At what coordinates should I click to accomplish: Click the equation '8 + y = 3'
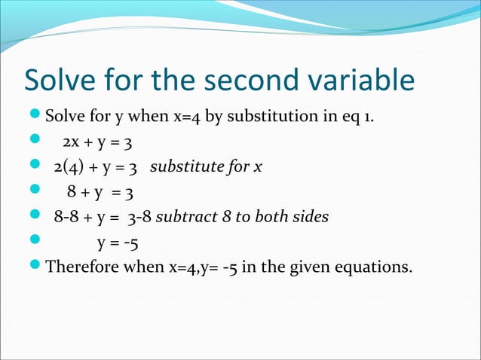point(102,193)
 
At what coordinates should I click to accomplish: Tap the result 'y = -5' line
point(118,243)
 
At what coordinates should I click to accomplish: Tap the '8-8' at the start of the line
point(66,218)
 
